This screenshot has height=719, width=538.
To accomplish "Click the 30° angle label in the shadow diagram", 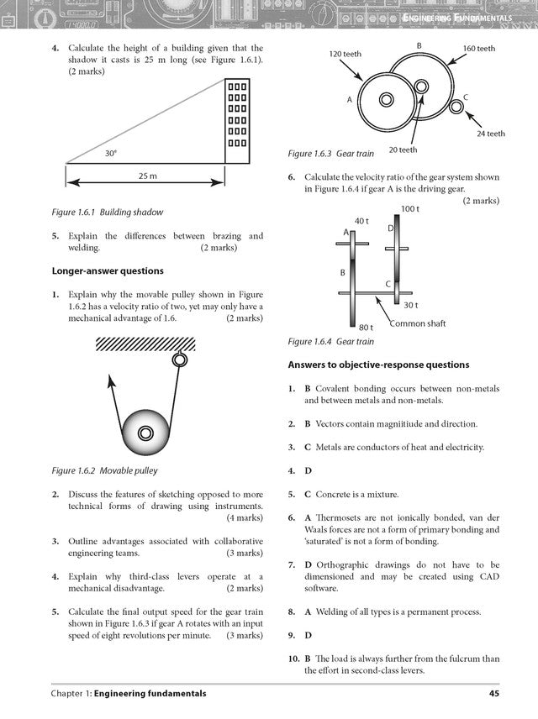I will click(x=110, y=154).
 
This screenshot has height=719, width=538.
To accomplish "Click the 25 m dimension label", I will click(x=147, y=176).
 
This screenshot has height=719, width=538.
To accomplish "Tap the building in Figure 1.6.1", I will click(x=238, y=121).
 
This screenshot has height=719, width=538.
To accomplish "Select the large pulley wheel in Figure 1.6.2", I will click(x=145, y=433).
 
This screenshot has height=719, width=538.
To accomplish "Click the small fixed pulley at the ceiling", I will click(x=179, y=360).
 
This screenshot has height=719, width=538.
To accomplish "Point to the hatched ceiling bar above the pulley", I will click(x=145, y=343).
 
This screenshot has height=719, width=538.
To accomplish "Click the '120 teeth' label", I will click(x=345, y=54).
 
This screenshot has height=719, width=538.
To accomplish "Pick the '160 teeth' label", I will click(x=478, y=49).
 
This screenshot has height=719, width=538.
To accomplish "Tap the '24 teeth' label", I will click(x=490, y=134).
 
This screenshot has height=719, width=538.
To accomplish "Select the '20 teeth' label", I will click(x=403, y=150).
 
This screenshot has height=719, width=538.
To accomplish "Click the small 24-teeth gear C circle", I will click(x=456, y=107).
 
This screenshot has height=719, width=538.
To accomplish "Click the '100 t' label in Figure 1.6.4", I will click(x=409, y=208).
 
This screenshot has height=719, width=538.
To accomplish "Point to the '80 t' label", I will click(x=366, y=328).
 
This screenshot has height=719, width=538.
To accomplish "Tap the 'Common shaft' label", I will click(x=417, y=323).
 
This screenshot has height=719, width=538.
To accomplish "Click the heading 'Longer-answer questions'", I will click(x=108, y=271).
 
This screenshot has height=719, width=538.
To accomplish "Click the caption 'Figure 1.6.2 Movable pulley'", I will click(x=104, y=471).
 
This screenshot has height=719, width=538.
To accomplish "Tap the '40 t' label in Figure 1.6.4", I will click(x=361, y=220).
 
